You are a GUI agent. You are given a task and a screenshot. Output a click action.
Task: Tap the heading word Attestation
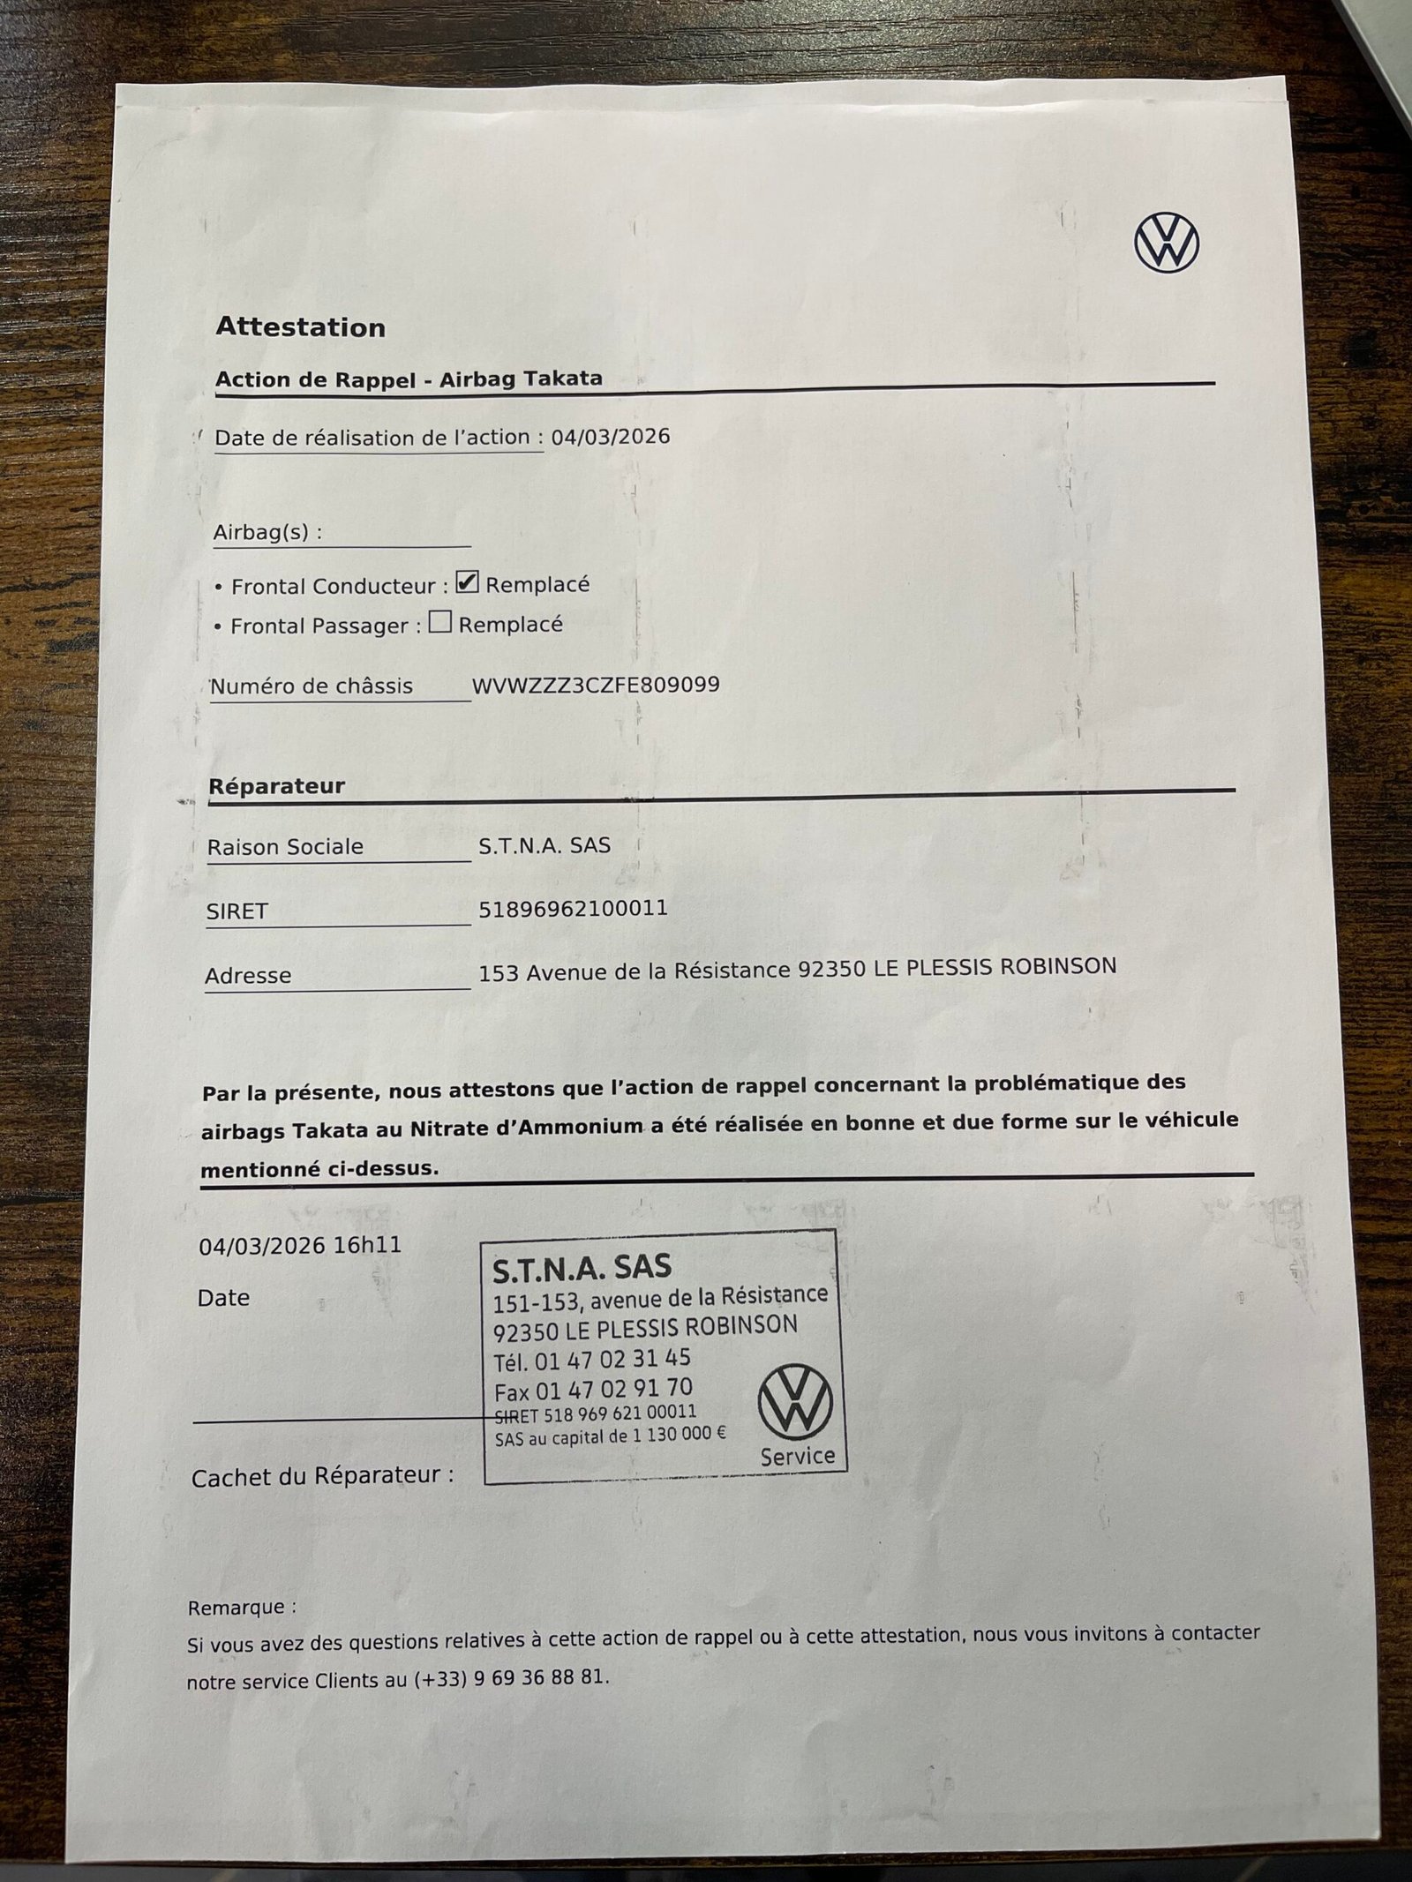point(300,327)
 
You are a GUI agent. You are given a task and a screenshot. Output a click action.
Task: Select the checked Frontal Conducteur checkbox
point(467,582)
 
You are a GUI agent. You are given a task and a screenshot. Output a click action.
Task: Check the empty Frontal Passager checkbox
point(439,623)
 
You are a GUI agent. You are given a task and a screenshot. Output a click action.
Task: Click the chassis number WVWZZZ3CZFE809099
point(596,685)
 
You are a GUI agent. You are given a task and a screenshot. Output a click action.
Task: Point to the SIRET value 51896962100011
point(573,908)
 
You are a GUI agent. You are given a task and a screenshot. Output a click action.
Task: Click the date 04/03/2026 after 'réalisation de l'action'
point(611,437)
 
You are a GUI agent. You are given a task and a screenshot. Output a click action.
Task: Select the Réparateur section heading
point(276,786)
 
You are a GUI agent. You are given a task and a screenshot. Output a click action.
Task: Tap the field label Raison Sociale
point(285,847)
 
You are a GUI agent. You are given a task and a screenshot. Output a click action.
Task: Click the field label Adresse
point(248,975)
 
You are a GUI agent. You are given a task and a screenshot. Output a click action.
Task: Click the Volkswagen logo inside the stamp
point(795,1402)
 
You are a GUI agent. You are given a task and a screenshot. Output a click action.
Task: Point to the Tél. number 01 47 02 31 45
point(612,1359)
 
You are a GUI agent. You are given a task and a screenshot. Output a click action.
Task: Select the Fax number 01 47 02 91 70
point(614,1390)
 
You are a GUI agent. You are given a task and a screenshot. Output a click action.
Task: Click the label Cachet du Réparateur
point(322,1476)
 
